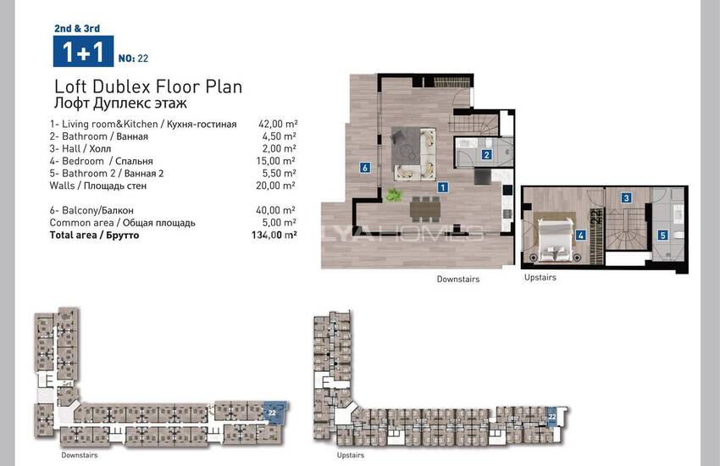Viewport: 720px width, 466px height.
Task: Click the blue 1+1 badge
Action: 83,52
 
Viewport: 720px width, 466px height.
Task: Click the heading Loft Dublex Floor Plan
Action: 148,86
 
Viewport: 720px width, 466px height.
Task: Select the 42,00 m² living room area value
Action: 278,124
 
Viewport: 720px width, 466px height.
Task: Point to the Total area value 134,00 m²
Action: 274,235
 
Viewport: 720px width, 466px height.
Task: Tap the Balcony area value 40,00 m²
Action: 276,210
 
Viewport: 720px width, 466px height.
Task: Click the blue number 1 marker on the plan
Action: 443,187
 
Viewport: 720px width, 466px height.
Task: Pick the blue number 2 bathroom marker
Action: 487,155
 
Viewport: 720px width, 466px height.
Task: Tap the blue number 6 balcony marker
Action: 365,168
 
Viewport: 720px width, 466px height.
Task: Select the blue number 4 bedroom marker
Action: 581,236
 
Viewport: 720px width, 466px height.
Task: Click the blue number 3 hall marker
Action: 626,198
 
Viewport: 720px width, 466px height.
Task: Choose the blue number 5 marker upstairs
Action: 662,236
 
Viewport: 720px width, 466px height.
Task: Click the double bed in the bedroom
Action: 555,240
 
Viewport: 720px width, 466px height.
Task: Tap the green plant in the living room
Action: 394,195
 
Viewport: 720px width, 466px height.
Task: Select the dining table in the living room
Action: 425,210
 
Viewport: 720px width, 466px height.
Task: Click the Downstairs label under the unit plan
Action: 458,279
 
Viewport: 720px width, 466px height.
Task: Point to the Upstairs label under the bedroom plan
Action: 540,277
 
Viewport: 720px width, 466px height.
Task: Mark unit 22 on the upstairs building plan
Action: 552,417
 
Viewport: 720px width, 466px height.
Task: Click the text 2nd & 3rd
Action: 77,29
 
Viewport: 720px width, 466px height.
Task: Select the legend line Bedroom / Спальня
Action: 101,161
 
